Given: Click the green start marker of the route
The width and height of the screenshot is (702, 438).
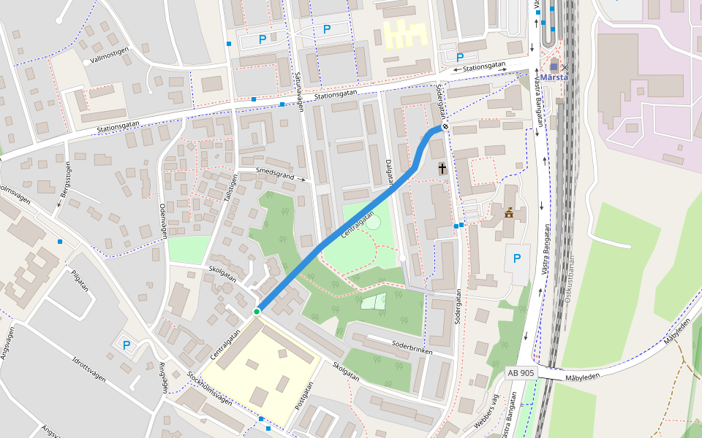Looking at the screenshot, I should click(257, 312).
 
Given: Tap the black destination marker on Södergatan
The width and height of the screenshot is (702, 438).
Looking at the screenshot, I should click(445, 127).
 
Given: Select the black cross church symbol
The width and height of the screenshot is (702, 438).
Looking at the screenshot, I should click(442, 169).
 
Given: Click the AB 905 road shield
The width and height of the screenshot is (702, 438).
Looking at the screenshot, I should click(521, 372).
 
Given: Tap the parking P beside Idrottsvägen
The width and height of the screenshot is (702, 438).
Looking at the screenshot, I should click(127, 345).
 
